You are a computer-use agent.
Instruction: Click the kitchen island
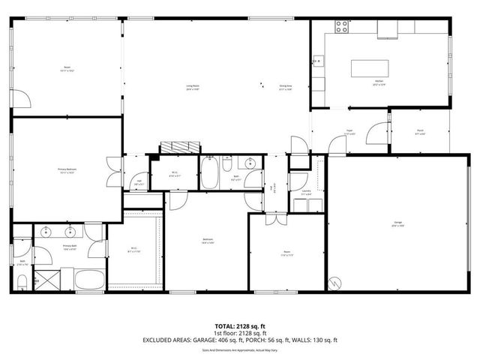tap(366, 67)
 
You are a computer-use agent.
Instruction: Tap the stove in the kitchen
tap(342, 26)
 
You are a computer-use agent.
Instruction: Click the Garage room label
tap(397, 223)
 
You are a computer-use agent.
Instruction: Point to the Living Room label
tap(193, 86)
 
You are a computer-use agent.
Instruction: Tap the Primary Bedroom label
tap(67, 170)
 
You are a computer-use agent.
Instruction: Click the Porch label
tap(420, 132)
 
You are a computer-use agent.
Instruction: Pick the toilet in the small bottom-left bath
tap(22, 281)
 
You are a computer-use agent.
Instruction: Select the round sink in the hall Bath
tap(249, 163)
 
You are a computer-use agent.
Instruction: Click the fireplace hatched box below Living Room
tap(180, 147)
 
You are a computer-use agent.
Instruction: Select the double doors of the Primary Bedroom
tap(112, 172)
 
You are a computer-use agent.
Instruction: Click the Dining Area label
tap(286, 86)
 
